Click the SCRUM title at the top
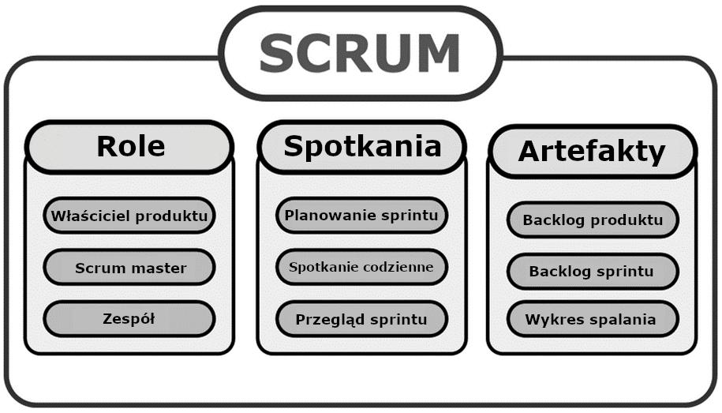click(x=361, y=54)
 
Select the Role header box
click(x=129, y=147)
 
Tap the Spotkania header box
click(x=362, y=147)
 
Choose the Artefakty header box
click(x=593, y=152)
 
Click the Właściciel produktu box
click(x=129, y=216)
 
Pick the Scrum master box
click(x=129, y=268)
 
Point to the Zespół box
click(x=129, y=319)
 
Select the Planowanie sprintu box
click(x=362, y=216)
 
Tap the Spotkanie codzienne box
click(x=362, y=267)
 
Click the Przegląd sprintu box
click(x=362, y=319)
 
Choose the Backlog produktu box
click(x=593, y=220)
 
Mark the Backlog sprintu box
click(x=593, y=272)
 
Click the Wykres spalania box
click(x=593, y=319)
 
